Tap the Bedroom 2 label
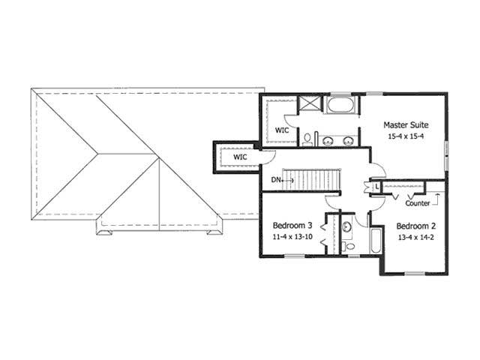(416, 226)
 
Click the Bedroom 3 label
(292, 226)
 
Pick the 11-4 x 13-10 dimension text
(292, 238)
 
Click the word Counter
(417, 203)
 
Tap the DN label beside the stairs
(277, 180)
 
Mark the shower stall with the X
(308, 104)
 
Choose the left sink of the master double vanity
(328, 139)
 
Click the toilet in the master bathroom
(307, 139)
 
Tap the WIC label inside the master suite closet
(282, 130)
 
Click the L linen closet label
(376, 186)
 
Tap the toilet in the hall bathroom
(346, 246)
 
